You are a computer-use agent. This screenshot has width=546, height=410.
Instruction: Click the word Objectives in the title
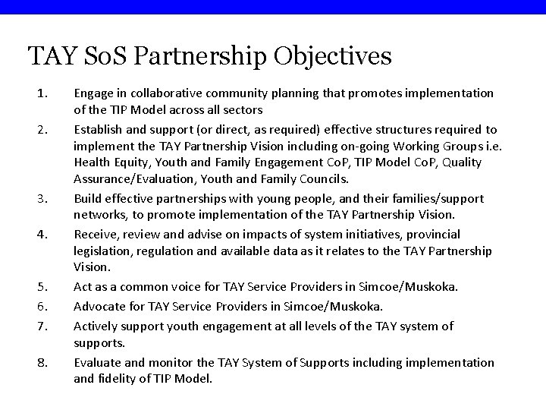[x=333, y=55]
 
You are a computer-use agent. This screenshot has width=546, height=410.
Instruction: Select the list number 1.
[x=42, y=93]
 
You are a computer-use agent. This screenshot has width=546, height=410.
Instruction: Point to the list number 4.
[x=42, y=235]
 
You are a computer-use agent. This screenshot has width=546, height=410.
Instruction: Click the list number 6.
[x=42, y=307]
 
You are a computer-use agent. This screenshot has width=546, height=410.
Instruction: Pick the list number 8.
[x=42, y=363]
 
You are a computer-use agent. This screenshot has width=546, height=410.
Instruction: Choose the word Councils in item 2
[x=325, y=179]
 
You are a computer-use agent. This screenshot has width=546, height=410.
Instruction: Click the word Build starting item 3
[x=86, y=198]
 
